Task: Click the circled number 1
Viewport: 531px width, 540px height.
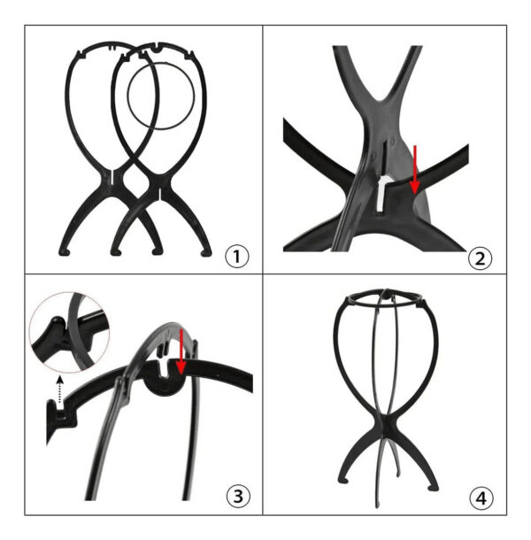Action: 236,257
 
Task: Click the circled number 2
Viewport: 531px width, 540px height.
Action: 480,258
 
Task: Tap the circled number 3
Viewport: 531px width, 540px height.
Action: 238,497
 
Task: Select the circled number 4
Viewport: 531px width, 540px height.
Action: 481,498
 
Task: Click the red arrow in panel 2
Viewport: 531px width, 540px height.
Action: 415,170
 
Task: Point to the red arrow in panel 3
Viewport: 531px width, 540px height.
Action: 181,351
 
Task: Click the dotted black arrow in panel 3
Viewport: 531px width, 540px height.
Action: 60,390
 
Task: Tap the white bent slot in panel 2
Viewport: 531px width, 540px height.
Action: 381,194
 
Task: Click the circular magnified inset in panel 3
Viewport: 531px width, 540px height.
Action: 70,332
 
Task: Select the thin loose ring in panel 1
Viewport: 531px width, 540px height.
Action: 128,96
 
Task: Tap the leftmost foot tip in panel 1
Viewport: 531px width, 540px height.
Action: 64,253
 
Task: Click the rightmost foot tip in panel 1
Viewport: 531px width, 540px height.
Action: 206,254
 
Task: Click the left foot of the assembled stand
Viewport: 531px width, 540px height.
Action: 342,480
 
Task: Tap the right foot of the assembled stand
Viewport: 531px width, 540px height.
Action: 433,487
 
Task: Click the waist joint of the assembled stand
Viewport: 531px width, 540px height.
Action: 387,422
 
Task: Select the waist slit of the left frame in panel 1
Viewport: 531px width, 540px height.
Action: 112,176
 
